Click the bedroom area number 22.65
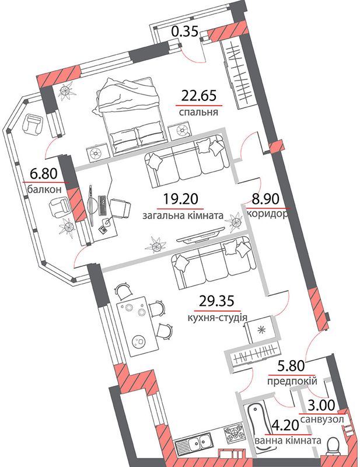point(199,96)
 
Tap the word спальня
point(198,112)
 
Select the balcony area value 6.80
point(44,173)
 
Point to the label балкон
point(44,189)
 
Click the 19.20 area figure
point(181,199)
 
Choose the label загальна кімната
point(183,215)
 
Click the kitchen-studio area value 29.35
point(216,301)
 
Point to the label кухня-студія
point(218,318)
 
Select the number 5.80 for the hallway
point(291,365)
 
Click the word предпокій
point(292,381)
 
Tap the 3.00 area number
point(321,405)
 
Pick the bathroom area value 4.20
point(285,426)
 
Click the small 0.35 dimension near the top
point(185,31)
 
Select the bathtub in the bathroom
point(257,428)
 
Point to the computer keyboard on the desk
point(103,205)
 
